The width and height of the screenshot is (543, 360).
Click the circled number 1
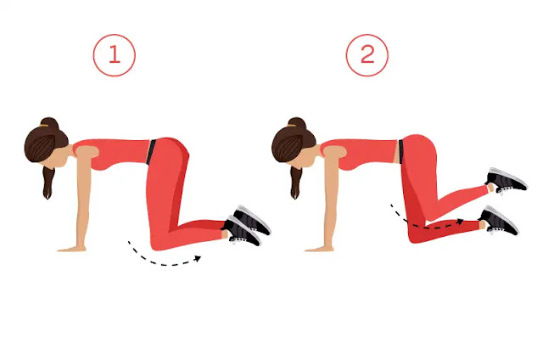point(115,55)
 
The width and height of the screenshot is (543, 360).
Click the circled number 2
point(367,55)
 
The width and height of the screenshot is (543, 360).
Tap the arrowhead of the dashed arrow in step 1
point(198,258)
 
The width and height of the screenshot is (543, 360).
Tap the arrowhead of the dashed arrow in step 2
point(460,222)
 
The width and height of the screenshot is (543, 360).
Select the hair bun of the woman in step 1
point(49,123)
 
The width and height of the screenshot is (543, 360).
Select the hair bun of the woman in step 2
point(297,123)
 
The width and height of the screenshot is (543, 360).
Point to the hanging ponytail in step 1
point(48,183)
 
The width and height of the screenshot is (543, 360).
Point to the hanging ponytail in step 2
point(295,183)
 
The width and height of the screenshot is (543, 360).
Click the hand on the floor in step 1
point(71,249)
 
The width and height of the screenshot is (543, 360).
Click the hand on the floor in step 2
point(319,249)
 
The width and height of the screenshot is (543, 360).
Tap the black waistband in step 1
point(151,152)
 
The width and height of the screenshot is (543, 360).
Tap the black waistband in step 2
point(400,152)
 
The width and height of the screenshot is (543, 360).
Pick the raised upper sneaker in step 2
point(507,181)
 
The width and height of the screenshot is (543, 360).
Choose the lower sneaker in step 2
point(500,221)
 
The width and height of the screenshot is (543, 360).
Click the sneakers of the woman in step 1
point(247,225)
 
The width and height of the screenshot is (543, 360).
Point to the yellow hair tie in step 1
point(44,126)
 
